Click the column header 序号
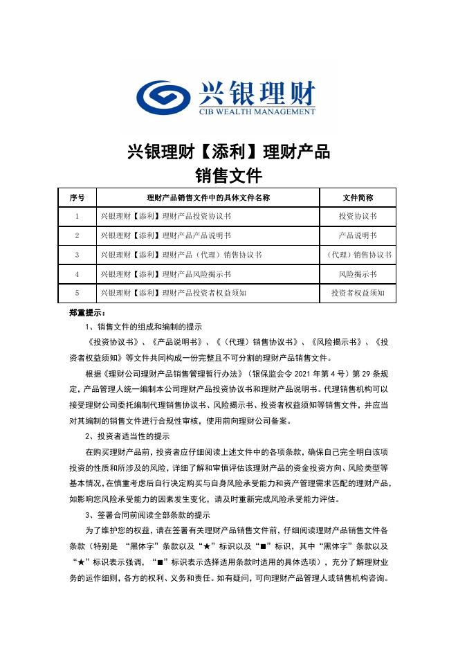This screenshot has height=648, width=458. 77,197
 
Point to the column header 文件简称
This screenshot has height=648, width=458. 358,197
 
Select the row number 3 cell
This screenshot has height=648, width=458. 77,255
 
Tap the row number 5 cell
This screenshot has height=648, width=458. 77,294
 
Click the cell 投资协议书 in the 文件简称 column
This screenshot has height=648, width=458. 358,217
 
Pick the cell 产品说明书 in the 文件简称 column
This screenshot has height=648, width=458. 358,235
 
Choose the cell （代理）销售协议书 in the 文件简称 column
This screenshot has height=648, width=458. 358,255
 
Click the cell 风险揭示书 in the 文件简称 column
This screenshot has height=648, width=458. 358,274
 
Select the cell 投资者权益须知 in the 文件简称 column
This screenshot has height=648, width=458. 358,294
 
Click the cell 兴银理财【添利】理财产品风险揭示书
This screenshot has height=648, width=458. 165,274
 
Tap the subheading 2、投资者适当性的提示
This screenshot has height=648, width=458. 127,436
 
